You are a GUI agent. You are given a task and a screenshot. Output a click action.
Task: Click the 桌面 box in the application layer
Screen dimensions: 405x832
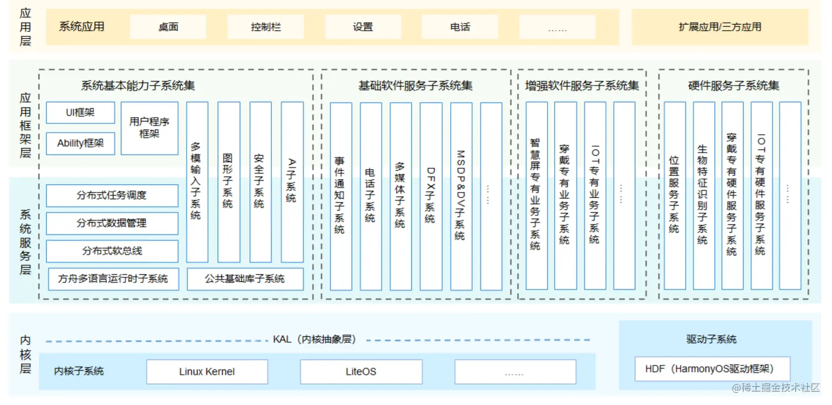tap(168, 27)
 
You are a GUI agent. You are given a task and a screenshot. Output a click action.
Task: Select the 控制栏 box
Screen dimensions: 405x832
tap(265, 27)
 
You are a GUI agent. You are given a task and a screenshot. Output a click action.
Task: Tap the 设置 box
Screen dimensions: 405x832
tap(363, 27)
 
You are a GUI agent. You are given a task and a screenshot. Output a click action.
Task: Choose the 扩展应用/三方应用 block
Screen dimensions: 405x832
tap(720, 27)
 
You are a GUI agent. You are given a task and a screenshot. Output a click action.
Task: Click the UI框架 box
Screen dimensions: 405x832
tap(80, 113)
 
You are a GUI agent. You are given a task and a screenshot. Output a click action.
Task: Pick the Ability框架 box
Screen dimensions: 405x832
tap(80, 144)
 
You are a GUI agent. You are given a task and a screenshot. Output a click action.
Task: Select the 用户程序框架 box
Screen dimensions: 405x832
tap(149, 128)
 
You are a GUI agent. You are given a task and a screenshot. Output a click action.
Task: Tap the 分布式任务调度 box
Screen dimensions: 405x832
tap(112, 195)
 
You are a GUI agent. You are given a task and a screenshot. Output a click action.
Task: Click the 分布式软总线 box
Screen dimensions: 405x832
tap(112, 251)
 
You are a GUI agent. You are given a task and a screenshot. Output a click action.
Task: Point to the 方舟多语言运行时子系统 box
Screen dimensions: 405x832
tap(113, 279)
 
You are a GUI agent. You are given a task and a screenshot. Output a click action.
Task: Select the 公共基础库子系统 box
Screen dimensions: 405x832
tap(245, 279)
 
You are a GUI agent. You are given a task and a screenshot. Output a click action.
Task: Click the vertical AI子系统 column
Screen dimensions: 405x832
tap(292, 182)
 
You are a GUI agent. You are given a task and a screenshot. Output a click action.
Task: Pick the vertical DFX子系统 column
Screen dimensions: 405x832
tap(430, 195)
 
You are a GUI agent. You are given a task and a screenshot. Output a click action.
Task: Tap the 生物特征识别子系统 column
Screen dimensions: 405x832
tap(703, 195)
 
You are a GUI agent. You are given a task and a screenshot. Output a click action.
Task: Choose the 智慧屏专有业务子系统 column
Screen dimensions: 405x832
tap(535, 195)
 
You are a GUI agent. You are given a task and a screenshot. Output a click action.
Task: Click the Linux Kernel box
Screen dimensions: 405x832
tap(207, 372)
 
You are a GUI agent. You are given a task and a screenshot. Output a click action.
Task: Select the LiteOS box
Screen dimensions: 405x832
tap(361, 372)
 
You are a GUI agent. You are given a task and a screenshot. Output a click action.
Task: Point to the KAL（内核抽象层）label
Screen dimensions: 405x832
tap(314, 340)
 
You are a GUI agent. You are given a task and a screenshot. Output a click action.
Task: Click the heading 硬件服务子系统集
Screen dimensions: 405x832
tap(734, 86)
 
